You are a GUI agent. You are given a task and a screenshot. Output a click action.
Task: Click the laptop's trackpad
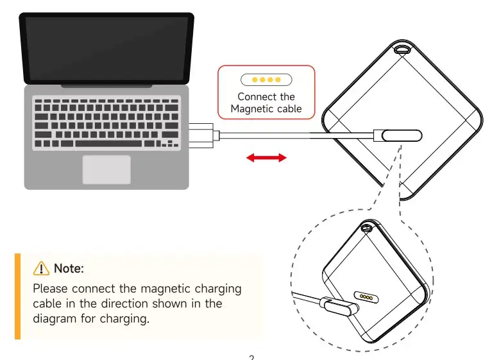point(106,169)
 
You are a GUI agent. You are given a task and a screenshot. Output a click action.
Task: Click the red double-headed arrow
point(266,157)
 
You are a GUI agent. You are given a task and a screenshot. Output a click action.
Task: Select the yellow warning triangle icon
point(41,268)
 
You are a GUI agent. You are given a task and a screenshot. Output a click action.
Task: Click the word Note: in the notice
point(69,268)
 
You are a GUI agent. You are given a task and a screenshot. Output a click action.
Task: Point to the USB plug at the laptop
point(204,135)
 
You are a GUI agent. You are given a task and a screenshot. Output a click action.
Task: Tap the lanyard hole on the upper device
point(403,49)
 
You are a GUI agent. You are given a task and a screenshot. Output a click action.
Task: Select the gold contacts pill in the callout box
point(266,80)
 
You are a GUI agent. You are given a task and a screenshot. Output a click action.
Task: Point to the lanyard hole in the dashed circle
point(367,227)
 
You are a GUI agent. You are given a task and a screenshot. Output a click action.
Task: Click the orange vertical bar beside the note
point(17,296)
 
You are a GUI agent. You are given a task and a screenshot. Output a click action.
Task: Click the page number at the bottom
point(251,356)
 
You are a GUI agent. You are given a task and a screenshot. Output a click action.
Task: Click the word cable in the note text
point(47,304)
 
